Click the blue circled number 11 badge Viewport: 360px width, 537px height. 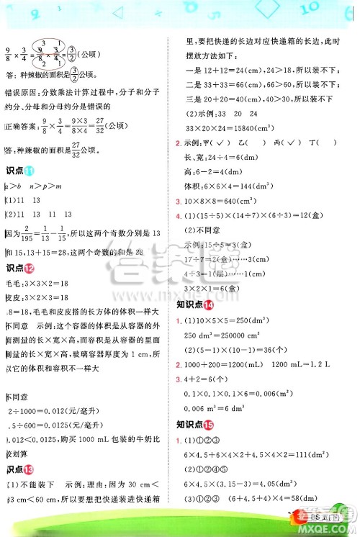(29, 170)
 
